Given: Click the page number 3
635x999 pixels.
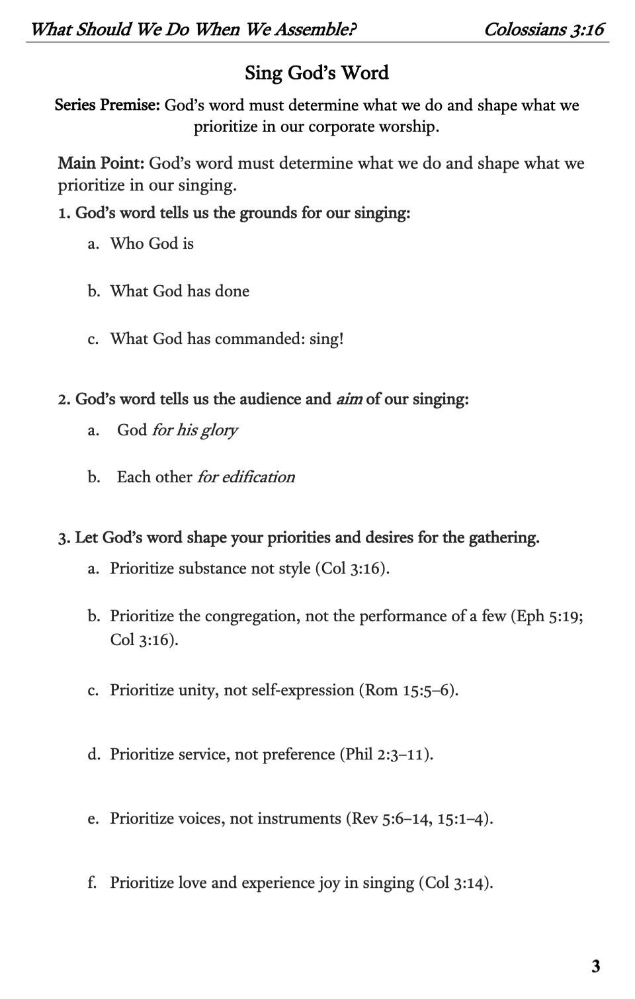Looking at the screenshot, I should coord(595,966).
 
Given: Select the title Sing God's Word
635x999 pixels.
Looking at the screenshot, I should coord(317,72).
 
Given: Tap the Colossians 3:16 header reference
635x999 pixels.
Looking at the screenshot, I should coord(544,29).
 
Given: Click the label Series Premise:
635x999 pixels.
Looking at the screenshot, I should coord(107,105).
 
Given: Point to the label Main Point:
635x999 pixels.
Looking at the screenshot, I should coord(101,163).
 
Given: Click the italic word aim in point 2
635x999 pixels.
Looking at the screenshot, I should coord(349,399).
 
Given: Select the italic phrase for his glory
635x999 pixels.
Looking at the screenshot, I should coord(194,430).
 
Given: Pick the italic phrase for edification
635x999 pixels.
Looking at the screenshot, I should coord(245,477).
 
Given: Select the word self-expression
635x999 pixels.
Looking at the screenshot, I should coord(298,690).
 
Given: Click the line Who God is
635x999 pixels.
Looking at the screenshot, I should coord(152,243).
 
